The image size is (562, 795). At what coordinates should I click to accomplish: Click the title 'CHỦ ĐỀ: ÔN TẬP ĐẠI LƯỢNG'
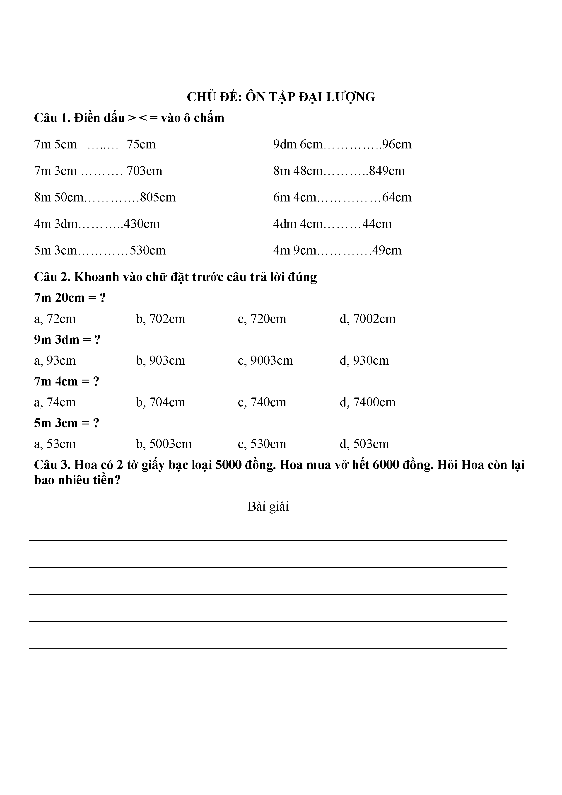pyautogui.click(x=281, y=97)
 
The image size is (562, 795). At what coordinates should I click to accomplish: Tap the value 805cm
pyautogui.click(x=158, y=198)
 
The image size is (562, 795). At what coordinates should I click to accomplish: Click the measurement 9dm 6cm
pyautogui.click(x=298, y=144)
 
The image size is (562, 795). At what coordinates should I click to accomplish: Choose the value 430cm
pyautogui.click(x=142, y=224)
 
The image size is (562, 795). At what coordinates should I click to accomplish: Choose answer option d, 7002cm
pyautogui.click(x=367, y=319)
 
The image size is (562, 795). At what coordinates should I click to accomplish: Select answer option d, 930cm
pyautogui.click(x=364, y=361)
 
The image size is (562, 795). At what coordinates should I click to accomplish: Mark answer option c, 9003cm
pyautogui.click(x=265, y=361)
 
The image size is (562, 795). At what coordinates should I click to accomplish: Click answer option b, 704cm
pyautogui.click(x=161, y=402)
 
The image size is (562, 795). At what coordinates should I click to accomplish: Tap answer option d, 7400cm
pyautogui.click(x=367, y=402)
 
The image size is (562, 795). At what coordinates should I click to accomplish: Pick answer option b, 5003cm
pyautogui.click(x=164, y=444)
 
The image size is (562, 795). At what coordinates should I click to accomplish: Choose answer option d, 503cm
pyautogui.click(x=364, y=444)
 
